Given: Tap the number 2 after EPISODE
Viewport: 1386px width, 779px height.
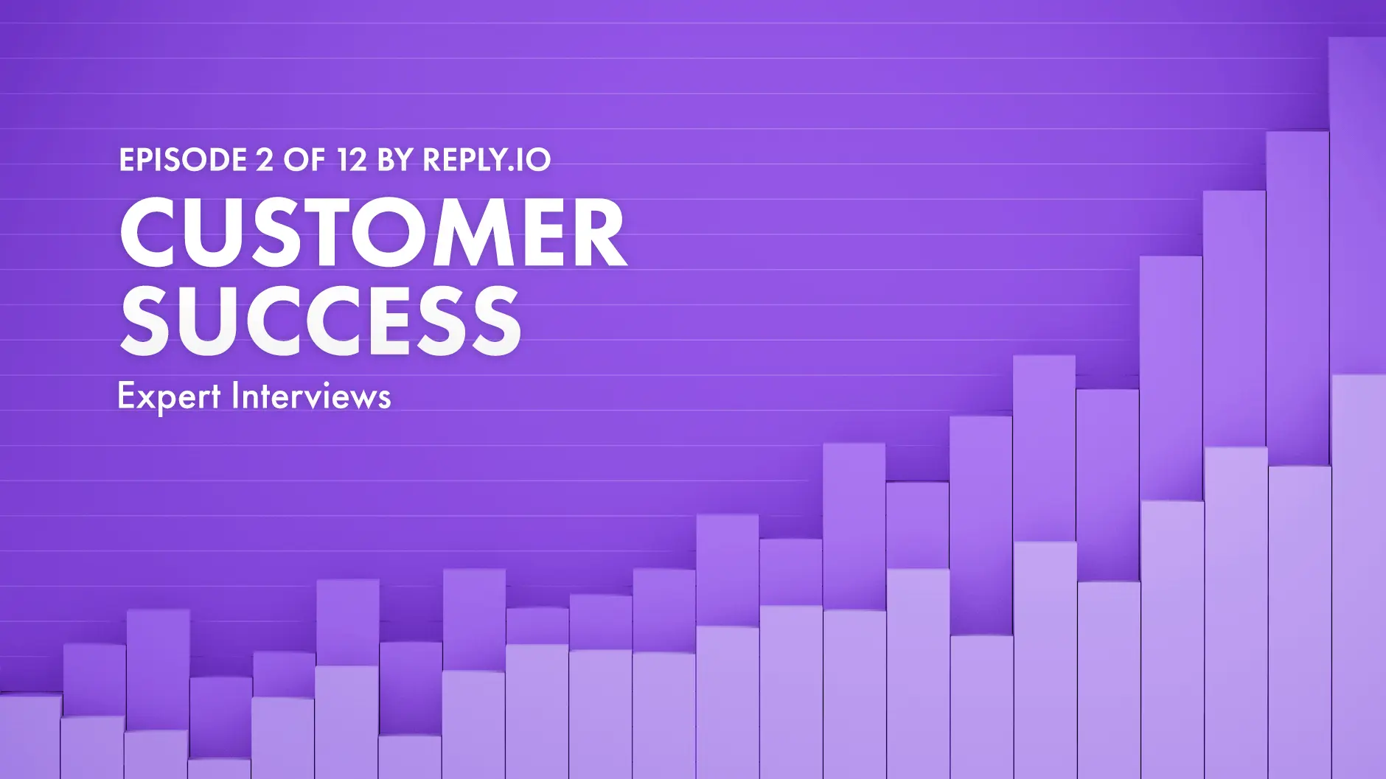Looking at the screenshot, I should click(x=265, y=160).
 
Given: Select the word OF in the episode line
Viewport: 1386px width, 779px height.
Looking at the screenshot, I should click(x=304, y=160).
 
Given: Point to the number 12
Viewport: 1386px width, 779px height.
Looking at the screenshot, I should click(x=352, y=160).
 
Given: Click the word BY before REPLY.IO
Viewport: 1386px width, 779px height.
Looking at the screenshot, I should click(x=395, y=160).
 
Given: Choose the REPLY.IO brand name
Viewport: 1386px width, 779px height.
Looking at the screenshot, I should click(x=487, y=160).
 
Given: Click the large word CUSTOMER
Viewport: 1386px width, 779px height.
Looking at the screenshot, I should click(x=372, y=233).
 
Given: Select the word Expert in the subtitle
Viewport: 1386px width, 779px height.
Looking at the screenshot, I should click(x=168, y=397).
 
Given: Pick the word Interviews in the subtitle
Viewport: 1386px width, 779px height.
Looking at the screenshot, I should click(x=311, y=397).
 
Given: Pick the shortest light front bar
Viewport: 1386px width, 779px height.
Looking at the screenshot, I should click(x=219, y=769).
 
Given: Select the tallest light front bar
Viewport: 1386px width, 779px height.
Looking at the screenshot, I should click(x=1358, y=575).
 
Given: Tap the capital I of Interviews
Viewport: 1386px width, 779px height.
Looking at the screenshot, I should click(x=236, y=396).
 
